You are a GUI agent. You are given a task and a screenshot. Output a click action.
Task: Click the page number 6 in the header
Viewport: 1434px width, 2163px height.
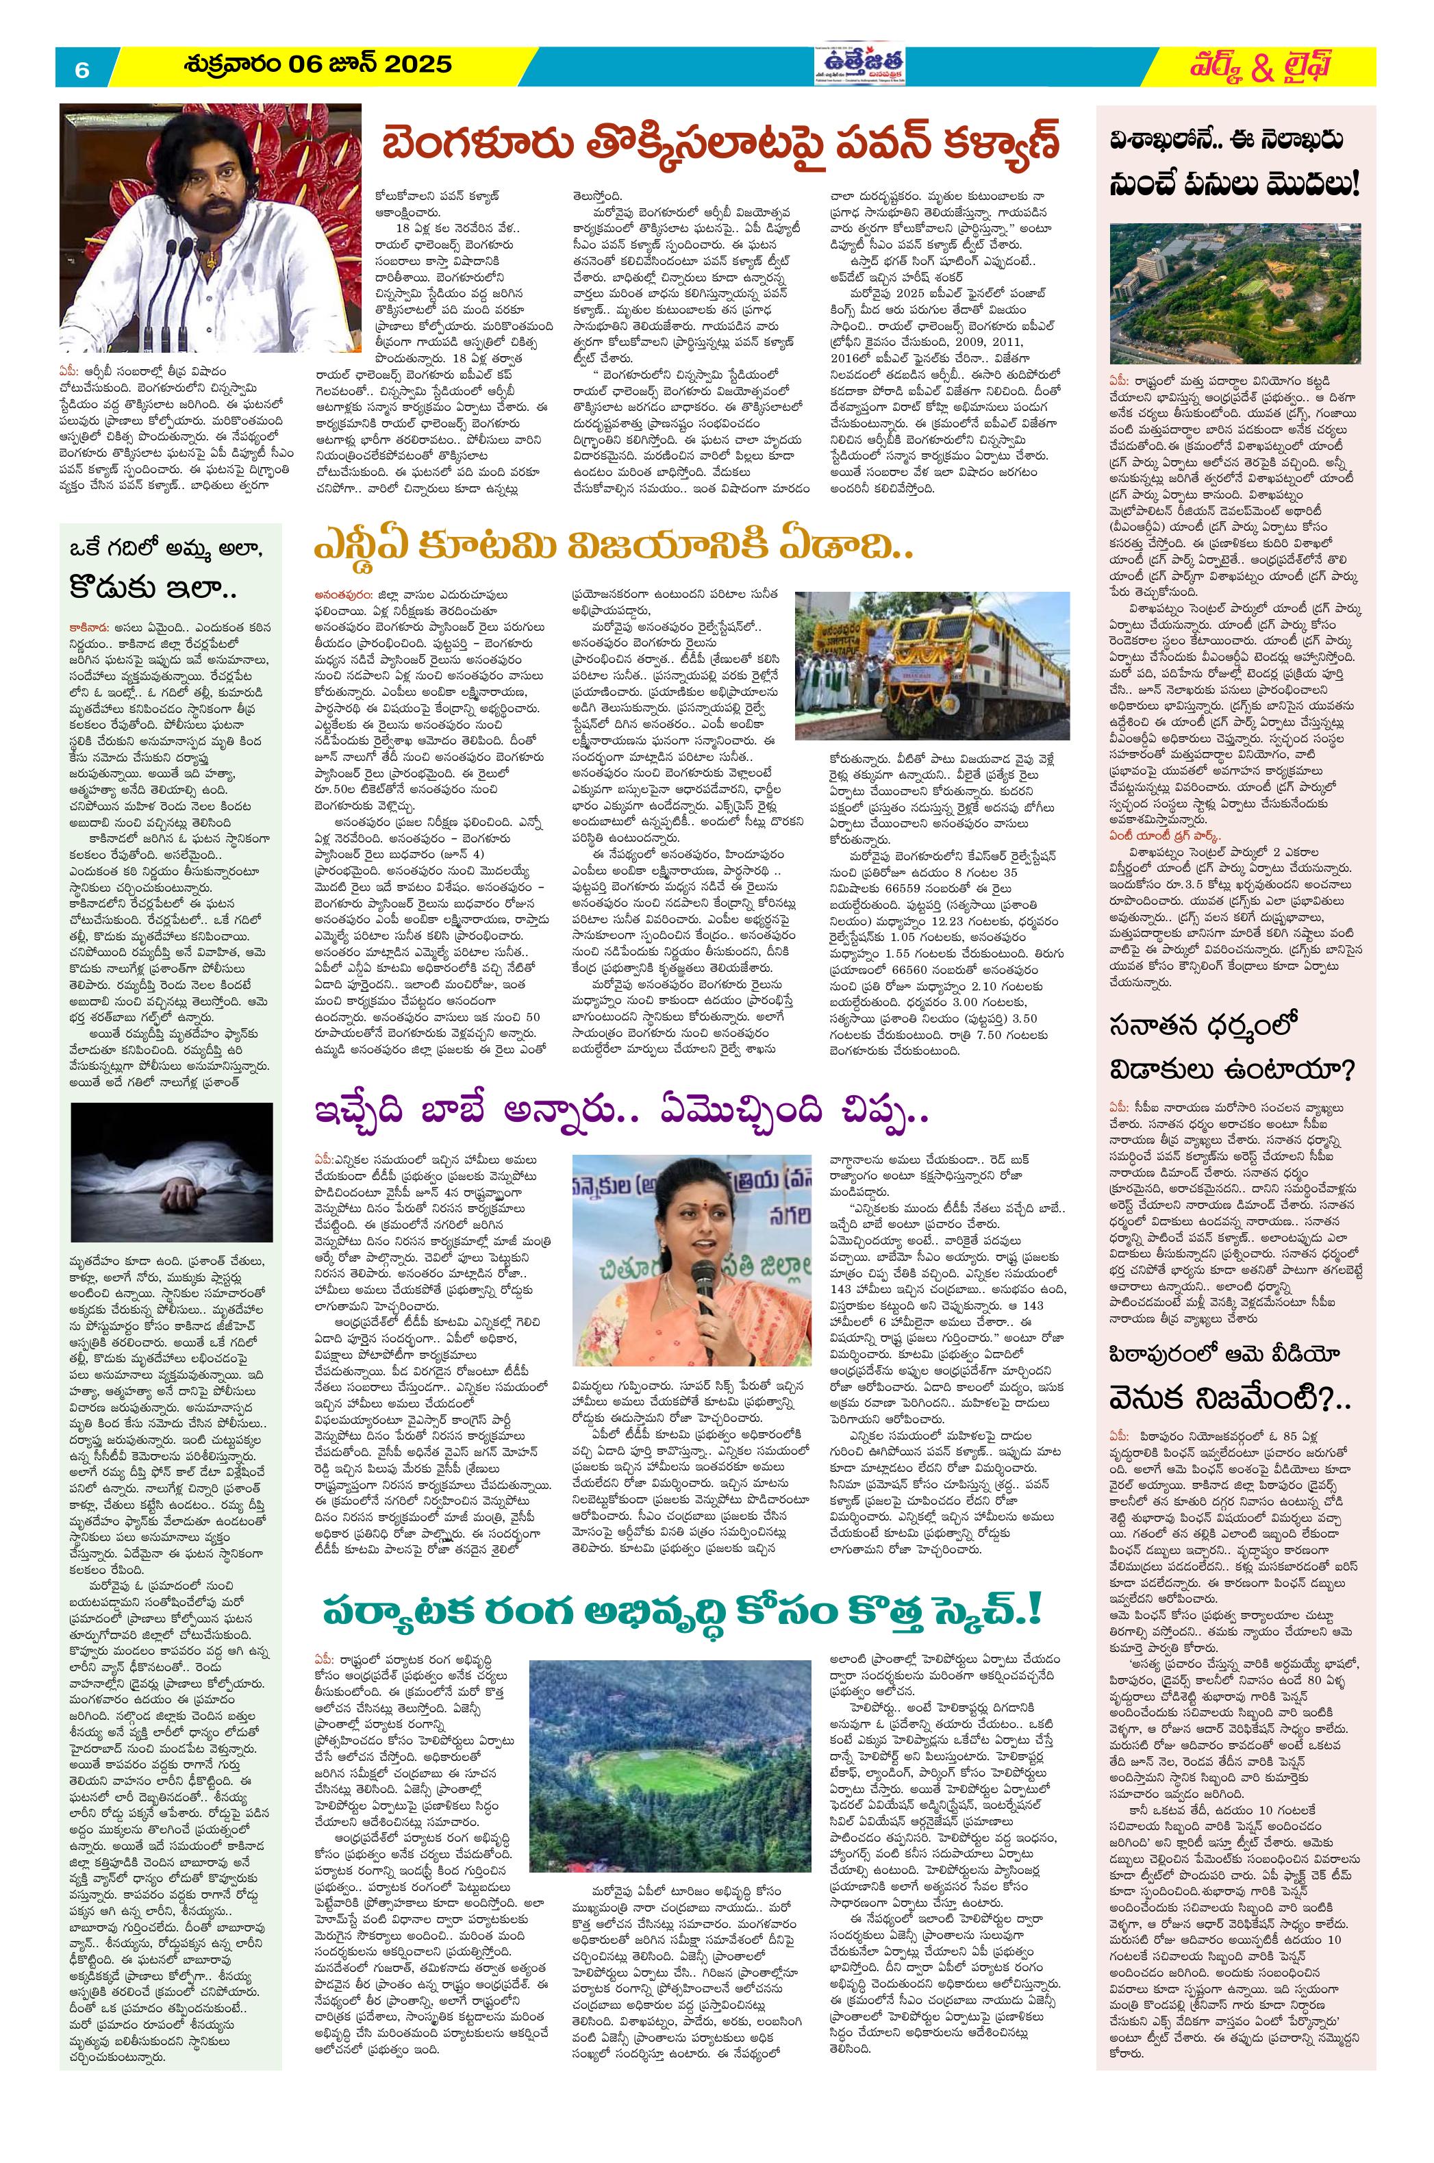(81, 69)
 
